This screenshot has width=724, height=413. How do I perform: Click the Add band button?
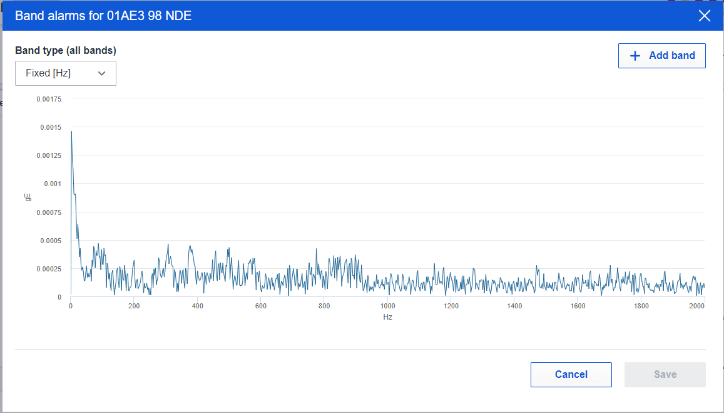(661, 56)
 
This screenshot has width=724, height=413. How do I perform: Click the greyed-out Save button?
(665, 375)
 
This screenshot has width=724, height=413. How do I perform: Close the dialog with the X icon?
(704, 16)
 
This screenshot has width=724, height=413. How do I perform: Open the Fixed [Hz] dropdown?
(66, 73)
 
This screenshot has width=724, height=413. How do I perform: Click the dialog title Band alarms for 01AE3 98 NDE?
(103, 16)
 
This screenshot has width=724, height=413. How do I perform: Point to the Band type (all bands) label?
(66, 50)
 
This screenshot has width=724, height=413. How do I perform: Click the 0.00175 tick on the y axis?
(49, 99)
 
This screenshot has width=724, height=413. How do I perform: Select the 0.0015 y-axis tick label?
(51, 127)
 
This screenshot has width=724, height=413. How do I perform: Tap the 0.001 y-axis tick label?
(53, 184)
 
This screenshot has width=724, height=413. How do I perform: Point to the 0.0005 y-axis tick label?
(51, 241)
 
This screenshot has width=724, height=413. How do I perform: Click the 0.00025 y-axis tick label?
(49, 269)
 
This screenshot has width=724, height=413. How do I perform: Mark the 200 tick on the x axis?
(134, 306)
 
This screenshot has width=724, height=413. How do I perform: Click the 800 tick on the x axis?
(324, 306)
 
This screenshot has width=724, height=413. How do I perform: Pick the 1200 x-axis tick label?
(451, 306)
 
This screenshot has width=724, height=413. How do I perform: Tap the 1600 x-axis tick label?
(578, 306)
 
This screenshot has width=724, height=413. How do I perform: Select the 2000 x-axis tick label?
(697, 306)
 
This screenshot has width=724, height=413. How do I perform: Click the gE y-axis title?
(28, 197)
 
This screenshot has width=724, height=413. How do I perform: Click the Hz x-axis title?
(387, 317)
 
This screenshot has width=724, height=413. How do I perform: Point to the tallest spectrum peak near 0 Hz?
(71, 132)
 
